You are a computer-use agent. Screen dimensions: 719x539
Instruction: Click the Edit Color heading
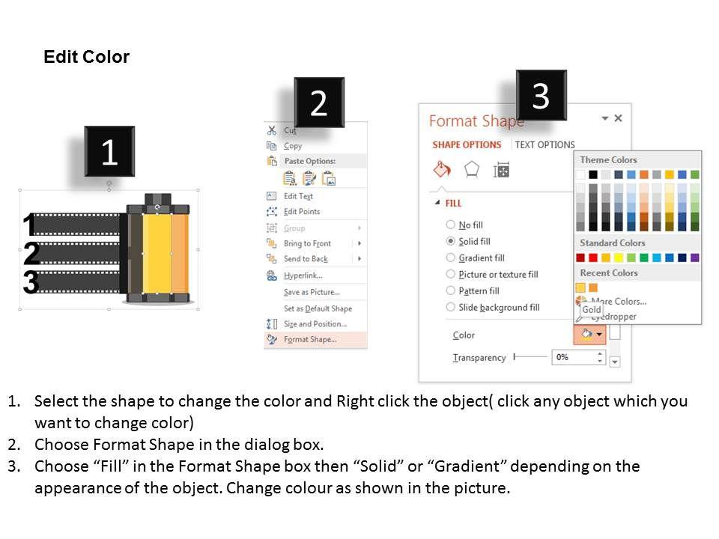pyautogui.click(x=86, y=57)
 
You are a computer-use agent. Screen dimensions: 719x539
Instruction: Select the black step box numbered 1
pyautogui.click(x=109, y=151)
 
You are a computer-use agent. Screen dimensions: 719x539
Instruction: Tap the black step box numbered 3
pyautogui.click(x=541, y=95)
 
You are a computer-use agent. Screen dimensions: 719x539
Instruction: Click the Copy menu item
pyautogui.click(x=293, y=146)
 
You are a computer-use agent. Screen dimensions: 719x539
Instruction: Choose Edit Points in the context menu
pyautogui.click(x=302, y=211)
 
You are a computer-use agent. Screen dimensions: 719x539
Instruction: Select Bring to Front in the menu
pyautogui.click(x=307, y=243)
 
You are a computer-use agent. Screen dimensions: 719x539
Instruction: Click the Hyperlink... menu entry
pyautogui.click(x=303, y=275)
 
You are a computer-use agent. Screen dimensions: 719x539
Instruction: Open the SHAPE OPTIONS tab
pyautogui.click(x=467, y=144)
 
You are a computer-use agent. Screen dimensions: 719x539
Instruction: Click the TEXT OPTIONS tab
pyautogui.click(x=544, y=144)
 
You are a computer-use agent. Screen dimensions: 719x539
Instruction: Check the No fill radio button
pyautogui.click(x=451, y=225)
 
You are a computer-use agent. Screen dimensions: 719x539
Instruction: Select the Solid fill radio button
pyautogui.click(x=451, y=241)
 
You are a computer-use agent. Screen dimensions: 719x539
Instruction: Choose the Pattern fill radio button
pyautogui.click(x=451, y=290)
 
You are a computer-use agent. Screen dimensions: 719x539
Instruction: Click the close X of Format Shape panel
pyautogui.click(x=618, y=118)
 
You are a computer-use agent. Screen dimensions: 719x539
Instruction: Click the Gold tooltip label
pyautogui.click(x=592, y=310)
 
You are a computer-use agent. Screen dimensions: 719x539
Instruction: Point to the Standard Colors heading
pyautogui.click(x=612, y=243)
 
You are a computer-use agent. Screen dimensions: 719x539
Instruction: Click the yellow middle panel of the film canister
pyautogui.click(x=157, y=253)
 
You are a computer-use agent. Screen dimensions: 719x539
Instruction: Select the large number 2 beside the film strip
pyautogui.click(x=31, y=253)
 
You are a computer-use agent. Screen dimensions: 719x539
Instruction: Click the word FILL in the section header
pyautogui.click(x=454, y=204)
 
